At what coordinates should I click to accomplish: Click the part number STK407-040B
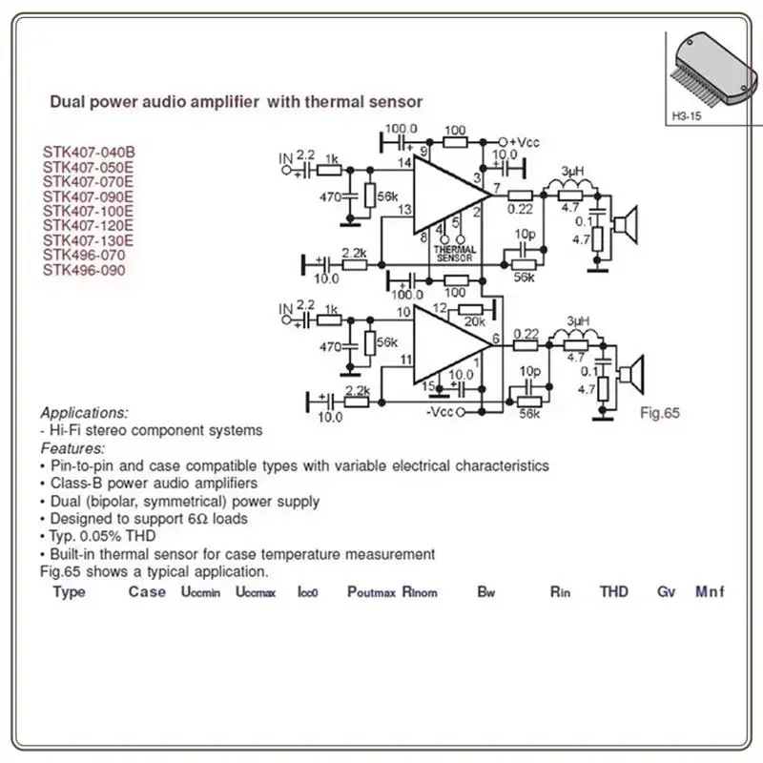(89, 151)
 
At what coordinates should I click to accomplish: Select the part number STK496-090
(83, 270)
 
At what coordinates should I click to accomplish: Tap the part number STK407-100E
(89, 211)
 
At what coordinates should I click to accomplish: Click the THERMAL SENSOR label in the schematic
(454, 254)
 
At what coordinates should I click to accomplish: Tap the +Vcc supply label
(525, 142)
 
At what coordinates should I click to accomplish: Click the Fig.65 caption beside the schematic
(658, 413)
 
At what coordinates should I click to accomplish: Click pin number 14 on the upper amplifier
(404, 164)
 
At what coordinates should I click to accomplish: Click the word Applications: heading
(84, 413)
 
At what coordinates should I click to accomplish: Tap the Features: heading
(72, 448)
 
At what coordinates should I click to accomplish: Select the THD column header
(614, 592)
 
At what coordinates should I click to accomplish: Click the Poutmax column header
(371, 592)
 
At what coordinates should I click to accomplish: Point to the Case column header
(147, 591)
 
